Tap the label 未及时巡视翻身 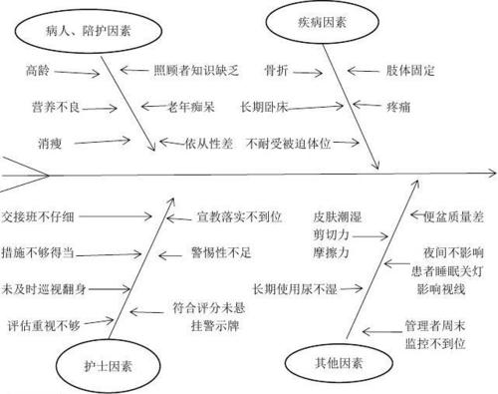coord(46,290)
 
